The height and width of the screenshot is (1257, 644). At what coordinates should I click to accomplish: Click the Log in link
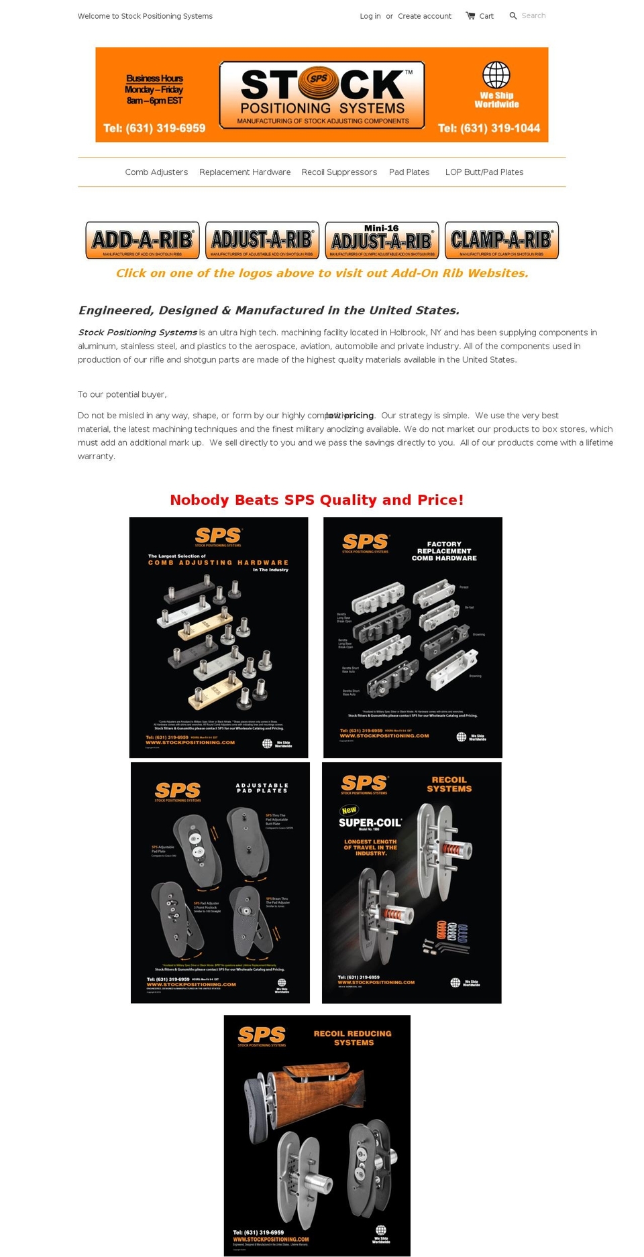(x=370, y=16)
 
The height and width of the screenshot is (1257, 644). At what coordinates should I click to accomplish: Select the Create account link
(x=424, y=16)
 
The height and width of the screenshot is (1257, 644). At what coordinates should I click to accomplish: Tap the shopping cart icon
(x=470, y=15)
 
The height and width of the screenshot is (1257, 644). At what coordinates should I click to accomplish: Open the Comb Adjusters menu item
(x=156, y=172)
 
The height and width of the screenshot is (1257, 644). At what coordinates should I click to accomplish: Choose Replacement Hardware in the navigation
(x=245, y=172)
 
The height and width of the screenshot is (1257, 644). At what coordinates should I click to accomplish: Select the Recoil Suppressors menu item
(x=339, y=172)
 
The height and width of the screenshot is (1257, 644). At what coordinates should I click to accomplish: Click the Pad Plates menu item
(x=409, y=172)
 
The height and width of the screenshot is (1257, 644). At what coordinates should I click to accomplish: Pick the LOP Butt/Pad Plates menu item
(x=484, y=172)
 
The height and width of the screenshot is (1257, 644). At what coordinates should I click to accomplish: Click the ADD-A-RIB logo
(x=142, y=240)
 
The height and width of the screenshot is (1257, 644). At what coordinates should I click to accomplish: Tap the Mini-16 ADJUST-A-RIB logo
(x=382, y=240)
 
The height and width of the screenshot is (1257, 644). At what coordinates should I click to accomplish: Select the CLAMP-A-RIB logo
(x=501, y=240)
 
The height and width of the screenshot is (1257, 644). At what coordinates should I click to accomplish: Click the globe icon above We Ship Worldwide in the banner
(x=496, y=74)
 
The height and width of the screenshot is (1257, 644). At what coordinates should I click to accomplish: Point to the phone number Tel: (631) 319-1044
(x=488, y=128)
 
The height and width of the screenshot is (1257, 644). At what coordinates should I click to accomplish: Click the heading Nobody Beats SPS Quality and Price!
(x=317, y=500)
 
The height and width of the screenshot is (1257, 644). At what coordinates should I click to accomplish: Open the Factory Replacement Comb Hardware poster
(x=413, y=637)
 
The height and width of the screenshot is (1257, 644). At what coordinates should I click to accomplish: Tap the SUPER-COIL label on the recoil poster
(x=370, y=823)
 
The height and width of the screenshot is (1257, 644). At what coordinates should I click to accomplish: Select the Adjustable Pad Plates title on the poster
(x=262, y=788)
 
